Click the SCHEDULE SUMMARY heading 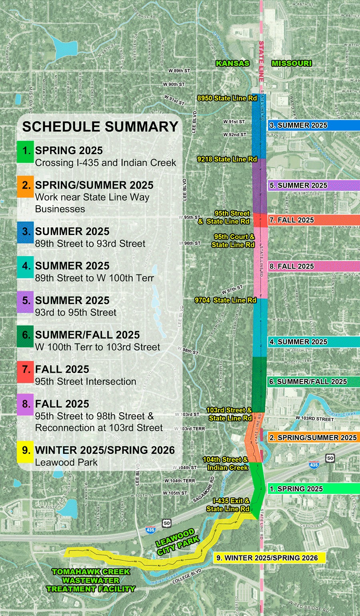coord(100,126)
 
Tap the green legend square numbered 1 coord(25,151)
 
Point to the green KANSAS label coord(232,63)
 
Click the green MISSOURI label coord(291,63)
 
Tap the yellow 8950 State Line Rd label coord(227,98)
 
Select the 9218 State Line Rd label coord(227,159)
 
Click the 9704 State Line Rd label coord(225,300)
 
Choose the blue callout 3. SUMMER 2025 coord(314,125)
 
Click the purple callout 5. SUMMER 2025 coord(314,185)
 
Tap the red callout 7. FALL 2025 coord(314,220)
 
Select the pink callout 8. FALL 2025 coord(314,266)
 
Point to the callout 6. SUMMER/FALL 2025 coord(314,381)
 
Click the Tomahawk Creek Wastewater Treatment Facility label coord(91,580)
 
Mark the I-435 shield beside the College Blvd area coord(150,529)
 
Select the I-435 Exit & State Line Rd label coord(228,505)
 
